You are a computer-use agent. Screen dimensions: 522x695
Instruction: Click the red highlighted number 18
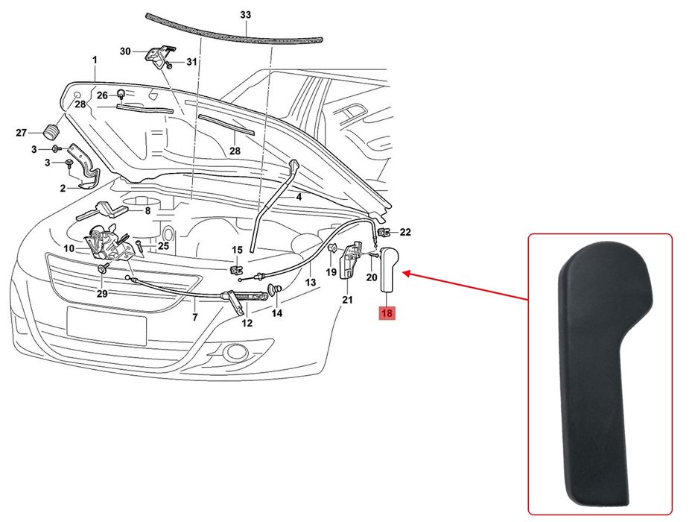click(x=387, y=313)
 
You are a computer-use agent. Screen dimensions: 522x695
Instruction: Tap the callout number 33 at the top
click(x=246, y=15)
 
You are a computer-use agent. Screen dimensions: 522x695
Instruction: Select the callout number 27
click(x=22, y=133)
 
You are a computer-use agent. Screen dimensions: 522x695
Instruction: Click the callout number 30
click(x=125, y=51)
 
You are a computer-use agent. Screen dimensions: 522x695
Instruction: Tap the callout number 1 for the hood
click(x=95, y=60)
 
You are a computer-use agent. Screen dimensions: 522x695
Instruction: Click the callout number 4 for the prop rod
click(x=299, y=198)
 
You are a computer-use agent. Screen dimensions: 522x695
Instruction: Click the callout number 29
click(x=102, y=294)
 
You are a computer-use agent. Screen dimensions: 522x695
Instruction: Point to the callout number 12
click(x=247, y=323)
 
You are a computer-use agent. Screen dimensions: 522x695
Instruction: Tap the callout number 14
click(x=277, y=313)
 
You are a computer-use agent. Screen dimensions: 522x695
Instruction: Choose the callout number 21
click(x=346, y=301)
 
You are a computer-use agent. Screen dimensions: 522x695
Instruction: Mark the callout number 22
click(x=405, y=232)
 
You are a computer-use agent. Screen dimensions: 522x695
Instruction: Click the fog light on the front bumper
click(x=238, y=351)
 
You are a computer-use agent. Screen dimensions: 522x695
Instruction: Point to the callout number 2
click(x=63, y=189)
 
